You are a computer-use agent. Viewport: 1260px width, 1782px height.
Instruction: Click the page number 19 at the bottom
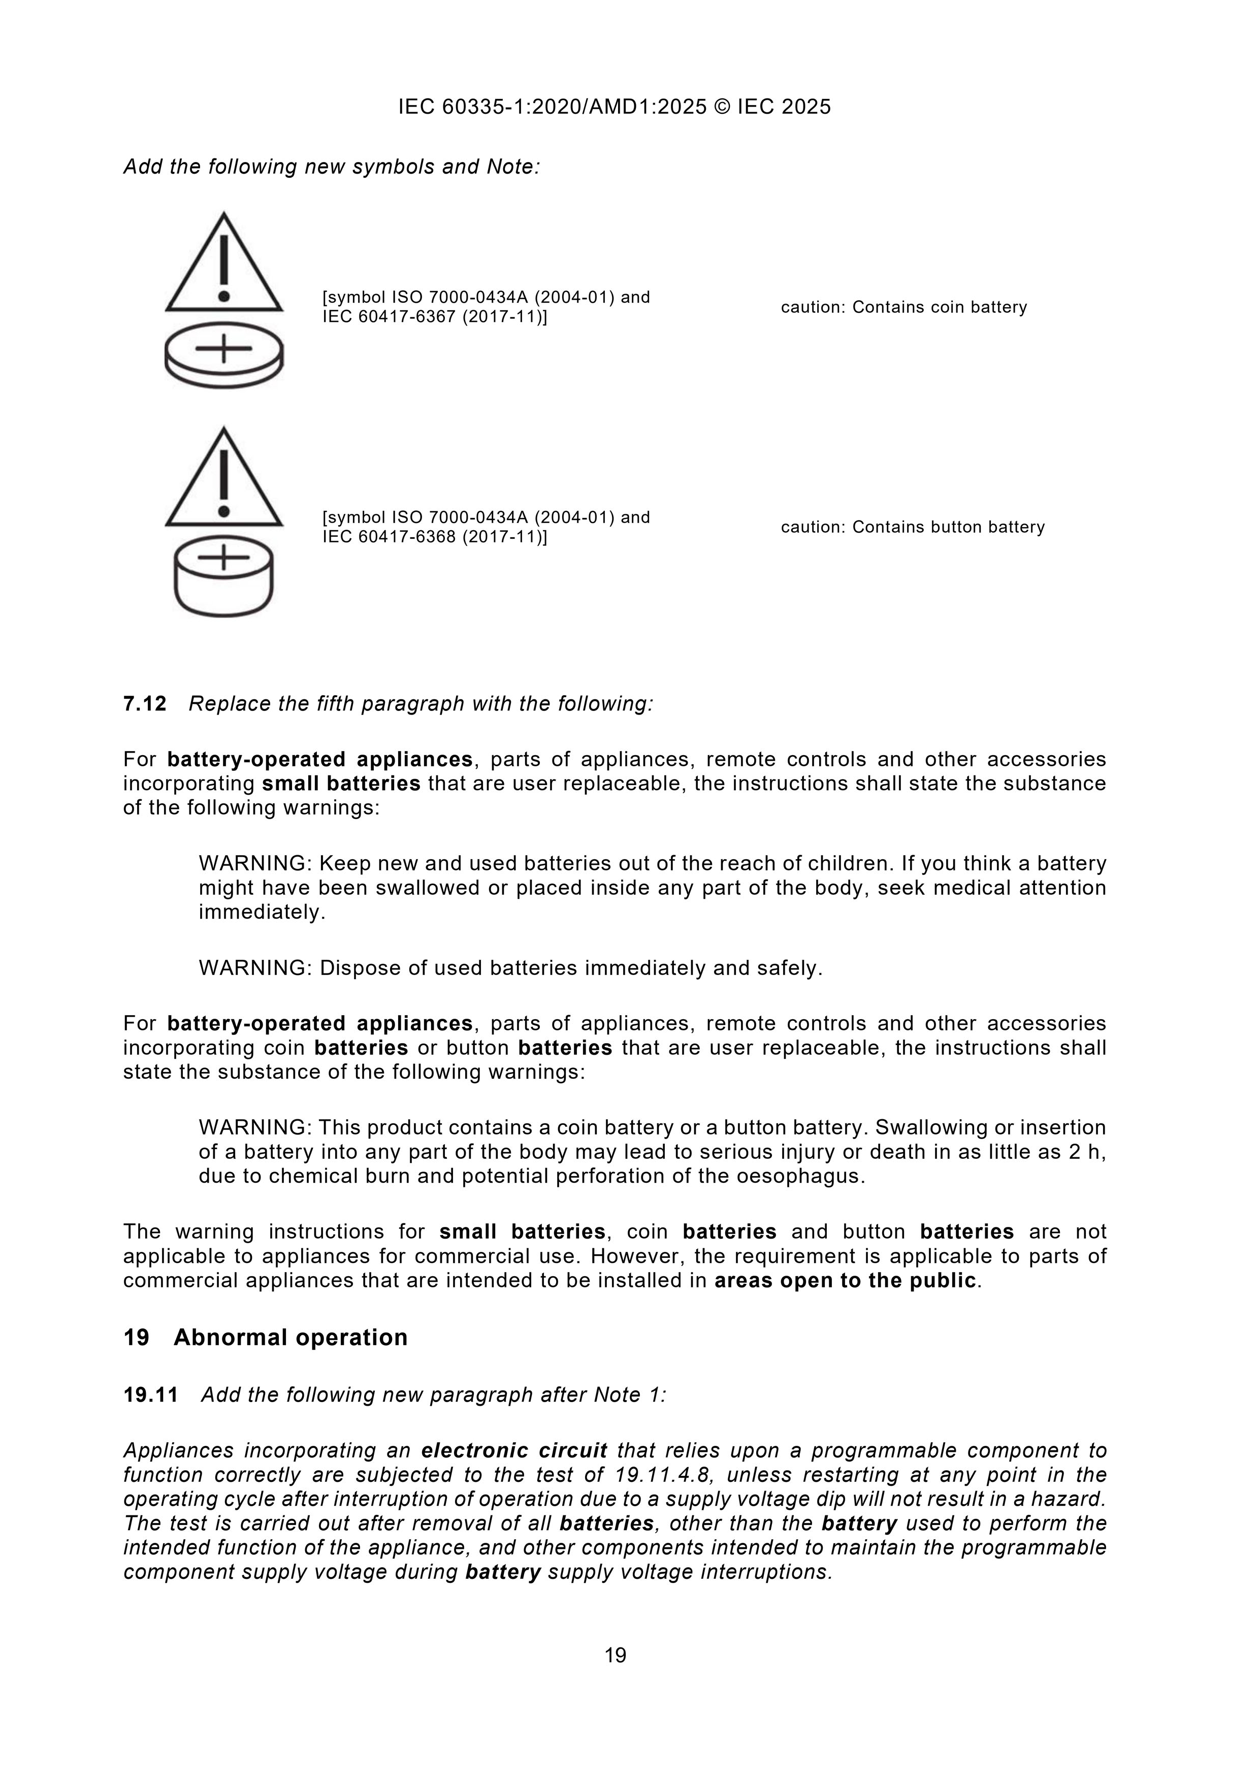click(x=615, y=1656)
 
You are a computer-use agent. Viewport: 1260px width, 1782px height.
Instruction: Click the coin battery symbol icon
click(x=223, y=354)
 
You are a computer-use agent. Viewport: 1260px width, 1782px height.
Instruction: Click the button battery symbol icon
click(x=223, y=574)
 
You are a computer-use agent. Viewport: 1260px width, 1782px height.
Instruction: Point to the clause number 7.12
click(x=145, y=704)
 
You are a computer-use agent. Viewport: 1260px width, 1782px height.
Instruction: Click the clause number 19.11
click(x=151, y=1395)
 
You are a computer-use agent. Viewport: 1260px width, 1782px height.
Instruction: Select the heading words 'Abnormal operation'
click(x=290, y=1337)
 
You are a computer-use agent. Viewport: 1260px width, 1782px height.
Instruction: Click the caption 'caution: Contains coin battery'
click(x=903, y=307)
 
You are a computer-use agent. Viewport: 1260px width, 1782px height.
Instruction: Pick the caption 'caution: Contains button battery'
click(x=912, y=527)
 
